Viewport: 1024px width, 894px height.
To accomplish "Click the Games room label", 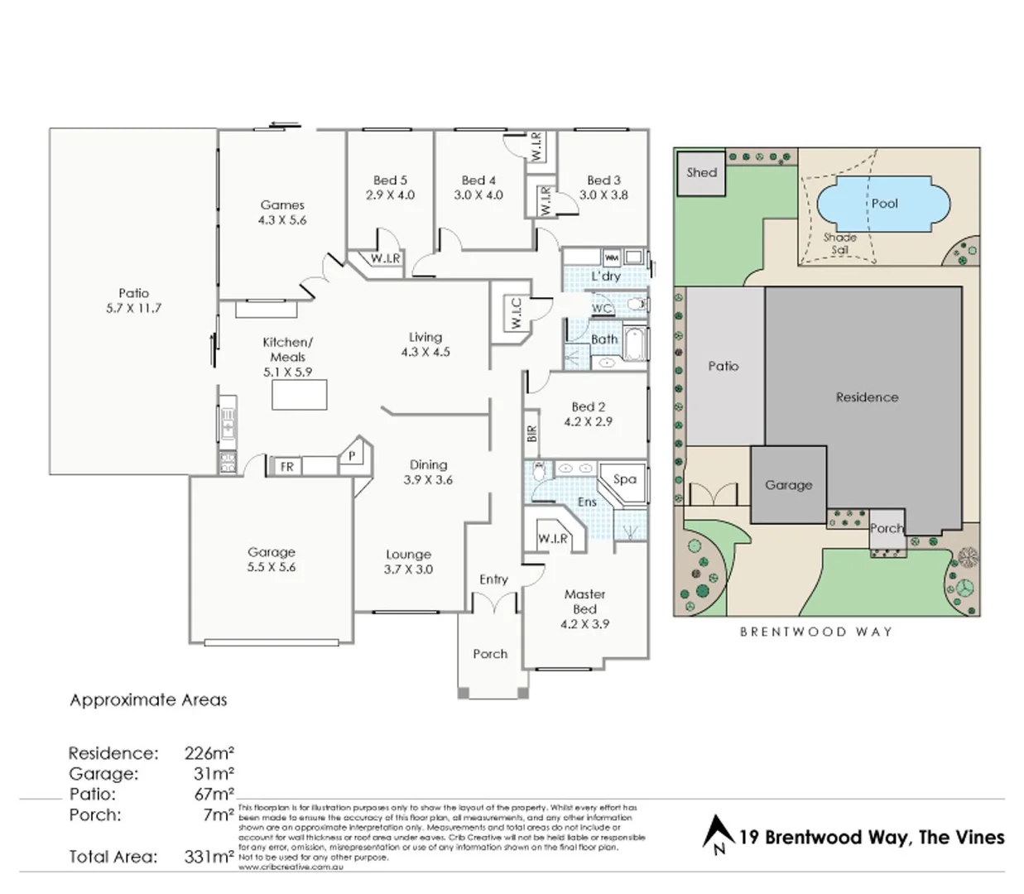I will [282, 205].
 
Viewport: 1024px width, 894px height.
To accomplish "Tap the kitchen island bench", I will [300, 394].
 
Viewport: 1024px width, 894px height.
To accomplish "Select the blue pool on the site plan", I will [875, 204].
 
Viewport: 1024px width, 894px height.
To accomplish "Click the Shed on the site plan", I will [701, 173].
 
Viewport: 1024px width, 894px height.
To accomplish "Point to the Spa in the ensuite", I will [626, 480].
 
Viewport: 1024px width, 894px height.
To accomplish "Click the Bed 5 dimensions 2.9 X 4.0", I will [390, 195].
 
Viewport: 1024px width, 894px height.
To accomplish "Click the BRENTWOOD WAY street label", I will [816, 632].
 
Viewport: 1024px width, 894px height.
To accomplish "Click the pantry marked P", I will [353, 456].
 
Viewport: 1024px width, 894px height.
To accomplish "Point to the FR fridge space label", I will [286, 467].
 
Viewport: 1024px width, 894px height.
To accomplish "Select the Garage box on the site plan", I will [788, 485].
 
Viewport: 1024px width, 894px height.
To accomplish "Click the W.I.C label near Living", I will [517, 313].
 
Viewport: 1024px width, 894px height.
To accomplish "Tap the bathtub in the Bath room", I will [635, 344].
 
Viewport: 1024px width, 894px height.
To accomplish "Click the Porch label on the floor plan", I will [490, 654].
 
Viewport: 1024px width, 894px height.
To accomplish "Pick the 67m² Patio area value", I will [213, 795].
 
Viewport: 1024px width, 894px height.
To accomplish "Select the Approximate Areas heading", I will [148, 700].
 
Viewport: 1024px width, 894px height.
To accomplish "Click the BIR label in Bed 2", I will [531, 433].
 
